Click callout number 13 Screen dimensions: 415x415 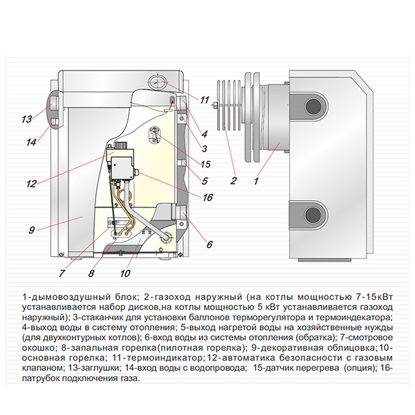click(x=26, y=119)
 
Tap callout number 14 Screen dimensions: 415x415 click(x=29, y=142)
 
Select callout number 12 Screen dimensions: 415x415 click(x=30, y=184)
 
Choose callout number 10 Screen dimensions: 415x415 click(x=126, y=273)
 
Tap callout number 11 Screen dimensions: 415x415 click(x=204, y=100)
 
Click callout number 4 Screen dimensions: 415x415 click(x=205, y=133)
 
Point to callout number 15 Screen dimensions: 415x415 click(x=205, y=165)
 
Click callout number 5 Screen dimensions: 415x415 click(x=205, y=181)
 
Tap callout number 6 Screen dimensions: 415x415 click(x=210, y=243)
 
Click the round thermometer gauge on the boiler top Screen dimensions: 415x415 click(x=158, y=81)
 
